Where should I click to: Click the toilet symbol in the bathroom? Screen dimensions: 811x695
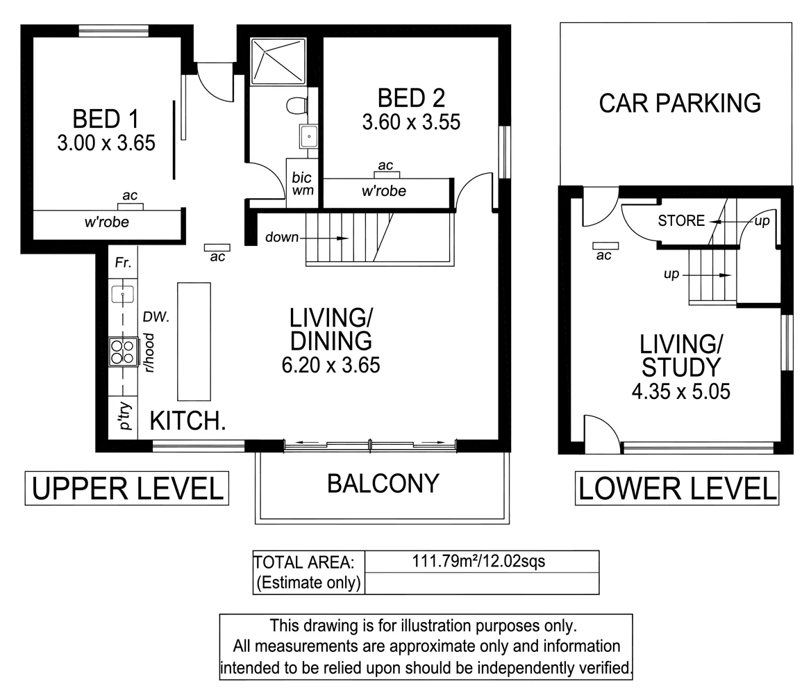pos(296,106)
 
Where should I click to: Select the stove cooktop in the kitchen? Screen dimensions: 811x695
pos(124,352)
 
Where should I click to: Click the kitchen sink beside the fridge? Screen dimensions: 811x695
pos(123,295)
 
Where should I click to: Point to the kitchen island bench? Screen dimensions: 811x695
pos(194,341)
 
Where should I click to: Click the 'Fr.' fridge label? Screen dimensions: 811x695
pos(123,263)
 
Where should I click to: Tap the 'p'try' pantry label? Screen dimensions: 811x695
pos(125,416)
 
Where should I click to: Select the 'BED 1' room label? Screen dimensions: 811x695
pos(106,119)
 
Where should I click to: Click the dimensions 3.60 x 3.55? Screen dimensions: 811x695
pos(411,122)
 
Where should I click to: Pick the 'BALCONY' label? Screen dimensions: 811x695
pos(383,484)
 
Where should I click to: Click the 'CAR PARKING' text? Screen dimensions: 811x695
pos(680,103)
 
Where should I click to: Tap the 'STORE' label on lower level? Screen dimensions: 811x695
pos(681,220)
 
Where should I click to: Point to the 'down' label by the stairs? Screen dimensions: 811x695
pos(282,237)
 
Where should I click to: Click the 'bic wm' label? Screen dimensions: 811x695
pos(303,184)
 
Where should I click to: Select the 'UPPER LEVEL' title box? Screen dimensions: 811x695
pos(126,489)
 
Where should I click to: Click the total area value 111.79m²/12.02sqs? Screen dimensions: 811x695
pos(478,561)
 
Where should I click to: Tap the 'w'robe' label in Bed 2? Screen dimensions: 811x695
pos(384,191)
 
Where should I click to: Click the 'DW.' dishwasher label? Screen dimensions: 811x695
pos(156,317)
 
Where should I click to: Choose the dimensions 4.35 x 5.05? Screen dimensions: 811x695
pos(680,391)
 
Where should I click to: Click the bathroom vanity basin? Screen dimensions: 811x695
pos(309,137)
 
